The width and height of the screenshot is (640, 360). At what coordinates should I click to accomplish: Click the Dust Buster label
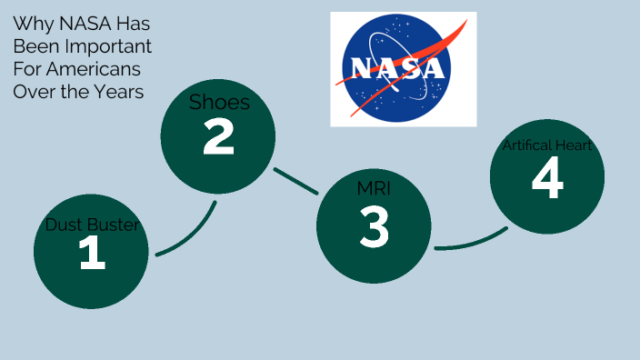pyautogui.click(x=92, y=225)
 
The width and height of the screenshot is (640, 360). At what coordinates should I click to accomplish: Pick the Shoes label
pyautogui.click(x=219, y=102)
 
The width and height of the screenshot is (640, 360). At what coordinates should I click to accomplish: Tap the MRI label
pyautogui.click(x=374, y=189)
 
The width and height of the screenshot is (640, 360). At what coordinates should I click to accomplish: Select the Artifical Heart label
pyautogui.click(x=547, y=145)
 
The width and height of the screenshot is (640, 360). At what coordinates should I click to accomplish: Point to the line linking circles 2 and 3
pyautogui.click(x=296, y=181)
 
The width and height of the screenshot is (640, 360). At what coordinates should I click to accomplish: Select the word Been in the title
pyautogui.click(x=32, y=46)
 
